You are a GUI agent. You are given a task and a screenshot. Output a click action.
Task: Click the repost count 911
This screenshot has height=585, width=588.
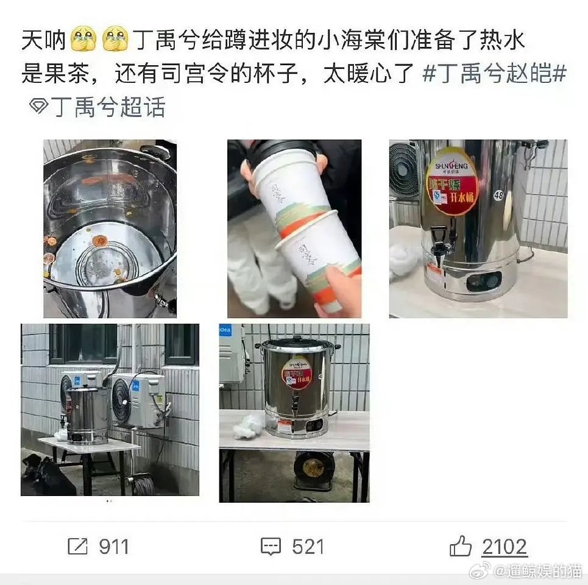point(114,547)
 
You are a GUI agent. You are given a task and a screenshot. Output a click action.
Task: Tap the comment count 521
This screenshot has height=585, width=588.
point(308,547)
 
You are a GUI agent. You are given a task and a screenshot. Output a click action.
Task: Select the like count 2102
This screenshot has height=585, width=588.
point(505,547)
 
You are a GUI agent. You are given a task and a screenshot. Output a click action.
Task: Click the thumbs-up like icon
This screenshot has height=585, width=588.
point(461,547)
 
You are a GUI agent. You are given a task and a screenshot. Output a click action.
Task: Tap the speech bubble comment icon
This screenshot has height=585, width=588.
point(271,547)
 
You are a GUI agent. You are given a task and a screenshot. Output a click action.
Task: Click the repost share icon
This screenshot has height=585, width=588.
point(78,547)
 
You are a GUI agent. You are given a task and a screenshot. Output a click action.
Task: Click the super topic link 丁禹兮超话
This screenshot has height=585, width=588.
point(108,107)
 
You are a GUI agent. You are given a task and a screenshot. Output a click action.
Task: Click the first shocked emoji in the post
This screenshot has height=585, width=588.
point(84,41)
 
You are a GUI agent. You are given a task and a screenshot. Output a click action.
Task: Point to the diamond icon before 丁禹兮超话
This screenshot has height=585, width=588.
point(38,107)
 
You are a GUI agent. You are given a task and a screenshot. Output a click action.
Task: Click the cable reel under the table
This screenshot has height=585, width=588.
point(313,467)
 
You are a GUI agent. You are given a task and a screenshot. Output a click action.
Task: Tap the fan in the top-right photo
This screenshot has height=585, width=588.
point(404,171)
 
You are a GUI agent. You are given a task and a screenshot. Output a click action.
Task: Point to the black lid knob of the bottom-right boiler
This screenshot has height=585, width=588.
point(297,337)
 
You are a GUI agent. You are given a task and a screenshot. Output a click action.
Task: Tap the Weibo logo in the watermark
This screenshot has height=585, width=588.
point(481,572)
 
